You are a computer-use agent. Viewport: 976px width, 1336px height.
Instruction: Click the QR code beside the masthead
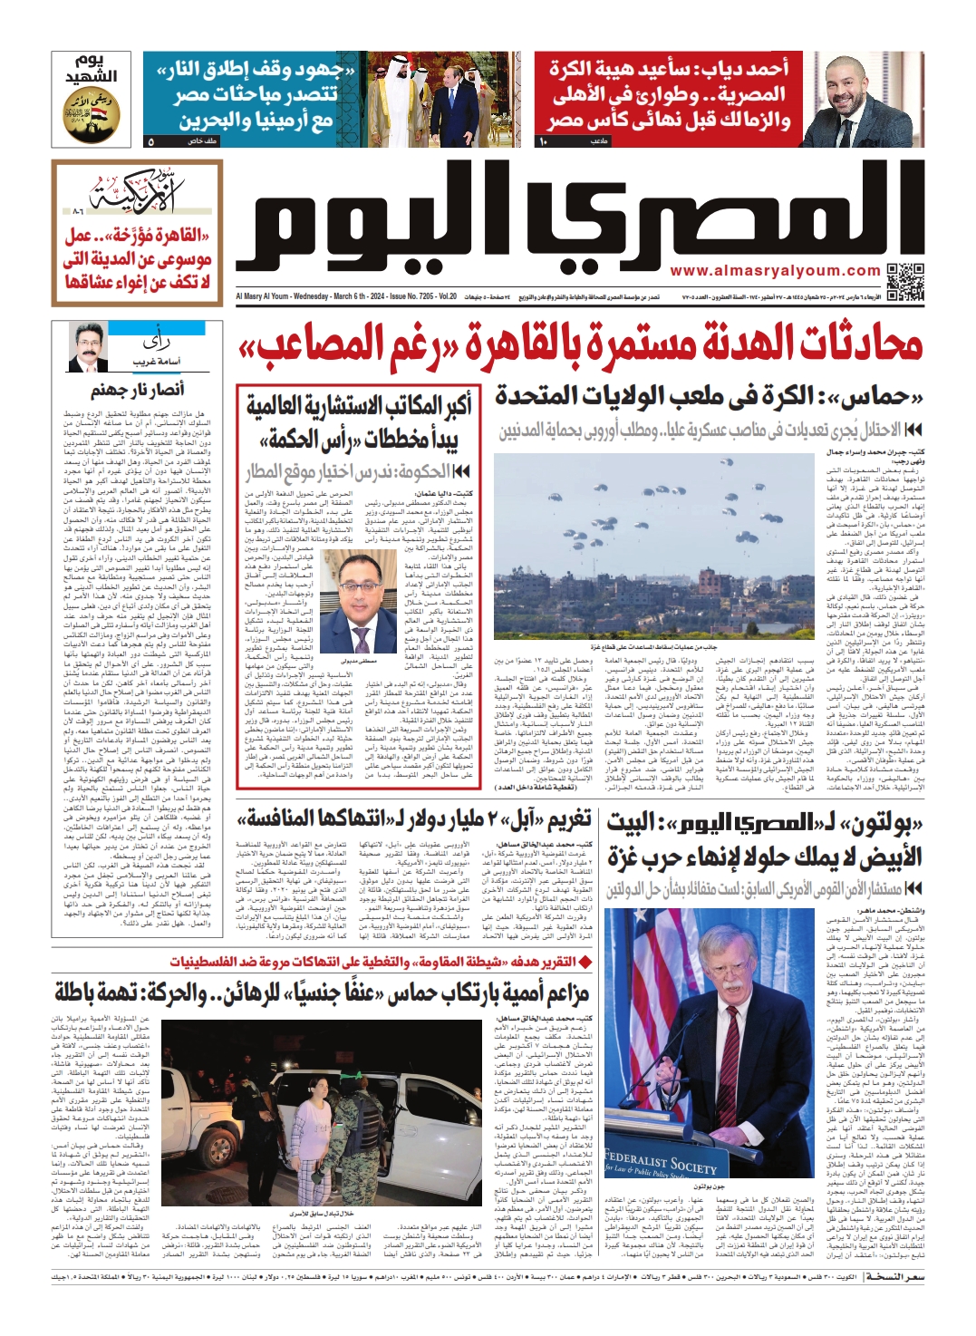click(905, 282)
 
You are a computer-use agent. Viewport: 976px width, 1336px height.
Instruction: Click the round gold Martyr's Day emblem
click(92, 115)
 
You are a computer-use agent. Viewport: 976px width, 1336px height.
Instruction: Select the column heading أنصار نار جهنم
click(138, 390)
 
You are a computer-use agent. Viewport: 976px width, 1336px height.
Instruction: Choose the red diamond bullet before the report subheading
click(585, 962)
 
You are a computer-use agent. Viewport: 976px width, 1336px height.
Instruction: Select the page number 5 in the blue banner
click(150, 141)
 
